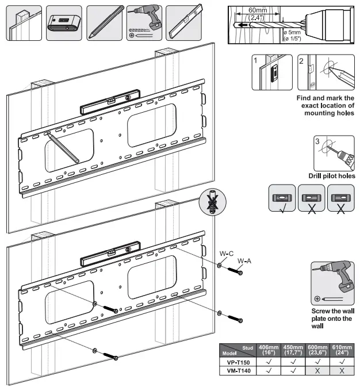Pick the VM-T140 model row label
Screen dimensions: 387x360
click(238, 371)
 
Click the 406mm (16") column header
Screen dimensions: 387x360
click(269, 350)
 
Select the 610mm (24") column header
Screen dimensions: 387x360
click(343, 350)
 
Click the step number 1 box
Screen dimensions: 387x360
click(255, 60)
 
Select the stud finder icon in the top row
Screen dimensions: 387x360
click(62, 22)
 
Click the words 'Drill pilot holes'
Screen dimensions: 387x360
click(331, 176)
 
